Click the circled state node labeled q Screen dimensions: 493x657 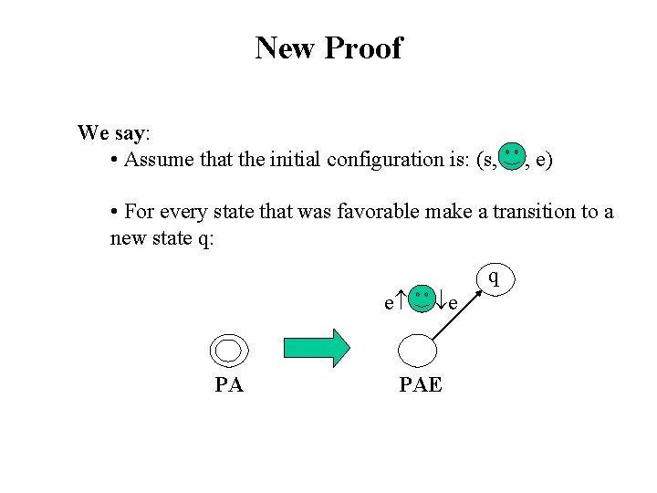tap(493, 277)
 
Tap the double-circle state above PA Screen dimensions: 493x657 tap(228, 351)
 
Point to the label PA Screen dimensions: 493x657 tap(229, 385)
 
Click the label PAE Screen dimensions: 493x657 tap(421, 385)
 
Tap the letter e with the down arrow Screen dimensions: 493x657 tap(450, 301)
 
